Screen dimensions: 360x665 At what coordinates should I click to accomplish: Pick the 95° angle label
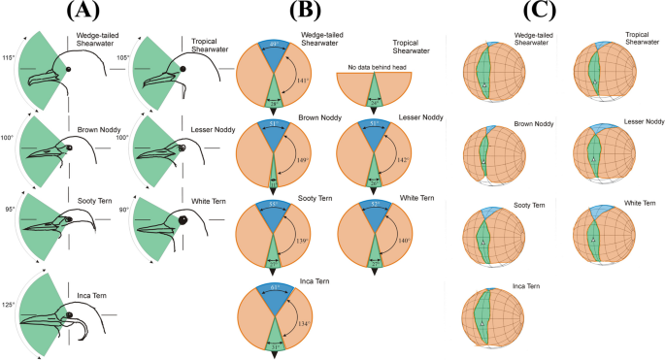[x=9, y=207]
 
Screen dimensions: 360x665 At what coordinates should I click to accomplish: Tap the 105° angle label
[x=123, y=58]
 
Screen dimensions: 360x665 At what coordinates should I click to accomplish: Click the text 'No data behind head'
[x=374, y=66]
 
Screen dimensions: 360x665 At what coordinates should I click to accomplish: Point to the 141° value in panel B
[x=303, y=82]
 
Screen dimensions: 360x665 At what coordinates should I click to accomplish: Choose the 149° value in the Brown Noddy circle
[x=302, y=161]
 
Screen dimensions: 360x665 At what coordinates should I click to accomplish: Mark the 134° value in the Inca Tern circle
[x=302, y=323]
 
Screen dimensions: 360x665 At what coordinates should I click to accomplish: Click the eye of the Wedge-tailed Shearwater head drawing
[x=67, y=71]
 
